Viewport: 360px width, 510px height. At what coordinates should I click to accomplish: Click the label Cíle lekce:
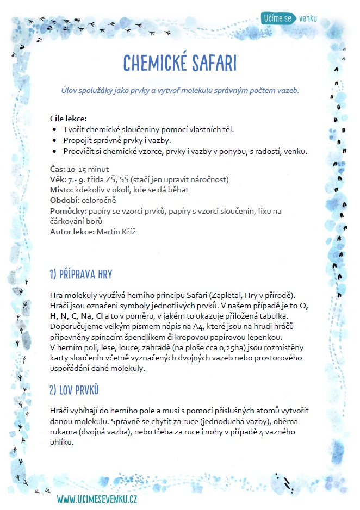click(68, 119)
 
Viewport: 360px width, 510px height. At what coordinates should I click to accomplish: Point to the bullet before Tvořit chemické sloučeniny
click(55, 129)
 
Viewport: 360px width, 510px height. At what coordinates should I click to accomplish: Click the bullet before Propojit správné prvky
click(55, 140)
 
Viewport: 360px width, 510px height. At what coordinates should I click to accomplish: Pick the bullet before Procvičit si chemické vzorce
click(55, 151)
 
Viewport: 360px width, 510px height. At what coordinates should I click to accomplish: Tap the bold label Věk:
click(58, 179)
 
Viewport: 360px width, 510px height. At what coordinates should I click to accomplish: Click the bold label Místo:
click(60, 190)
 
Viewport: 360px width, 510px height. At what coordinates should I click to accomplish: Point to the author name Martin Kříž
click(117, 231)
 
